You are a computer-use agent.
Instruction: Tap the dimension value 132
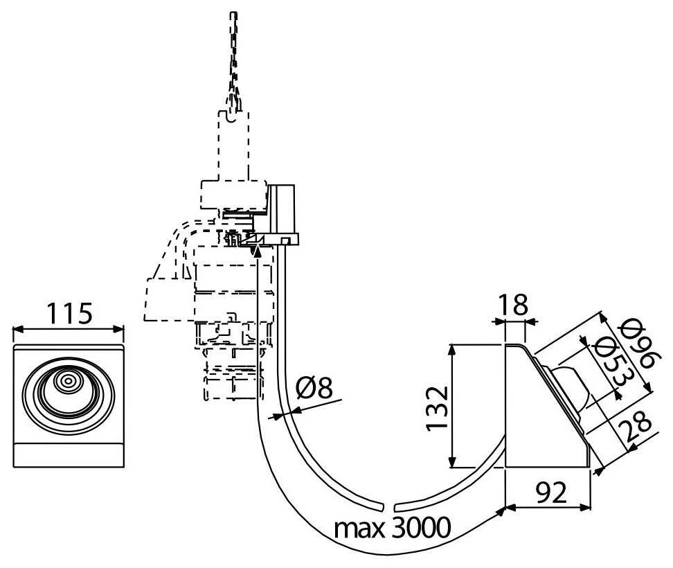point(439,407)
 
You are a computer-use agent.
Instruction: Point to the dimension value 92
point(550,493)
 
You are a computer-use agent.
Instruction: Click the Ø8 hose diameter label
point(313,390)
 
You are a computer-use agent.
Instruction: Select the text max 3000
point(393,529)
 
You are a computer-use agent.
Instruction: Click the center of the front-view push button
point(68,382)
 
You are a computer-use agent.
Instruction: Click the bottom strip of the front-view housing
point(69,456)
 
